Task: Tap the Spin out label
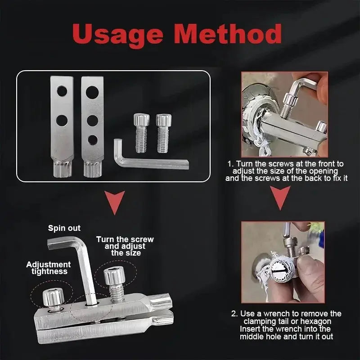pyautogui.click(x=64, y=228)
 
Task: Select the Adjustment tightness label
pyautogui.click(x=49, y=268)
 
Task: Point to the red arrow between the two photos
pyautogui.click(x=280, y=198)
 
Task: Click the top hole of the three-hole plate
pyautogui.click(x=92, y=92)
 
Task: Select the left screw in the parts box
pyautogui.click(x=141, y=133)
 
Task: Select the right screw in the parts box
pyautogui.click(x=163, y=133)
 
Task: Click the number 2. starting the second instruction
pyautogui.click(x=234, y=314)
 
